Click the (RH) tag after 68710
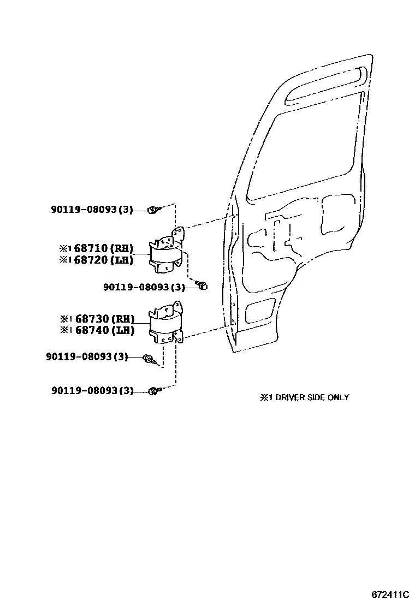122,249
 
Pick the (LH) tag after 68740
123,330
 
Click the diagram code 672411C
390,594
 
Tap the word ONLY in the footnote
339,397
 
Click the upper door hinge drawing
167,252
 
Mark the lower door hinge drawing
166,323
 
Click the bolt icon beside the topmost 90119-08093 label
153,209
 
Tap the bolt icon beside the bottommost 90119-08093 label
153,390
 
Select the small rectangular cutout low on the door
261,312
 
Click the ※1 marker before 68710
65,249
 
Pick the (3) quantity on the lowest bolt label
126,390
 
